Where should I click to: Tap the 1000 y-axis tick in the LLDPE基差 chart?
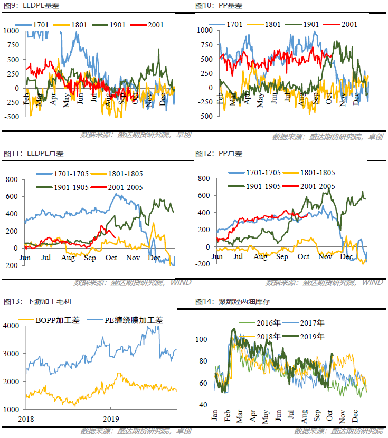point(10,31)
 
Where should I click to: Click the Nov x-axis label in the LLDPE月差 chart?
point(133,258)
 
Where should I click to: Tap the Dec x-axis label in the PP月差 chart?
point(346,256)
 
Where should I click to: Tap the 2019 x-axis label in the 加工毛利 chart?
point(110,419)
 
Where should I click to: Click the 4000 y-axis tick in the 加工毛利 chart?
point(11,326)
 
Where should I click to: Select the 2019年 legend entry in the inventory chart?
point(312,336)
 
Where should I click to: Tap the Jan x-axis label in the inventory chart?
point(215,415)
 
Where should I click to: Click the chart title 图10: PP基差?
point(219,5)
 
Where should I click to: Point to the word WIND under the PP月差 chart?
point(373,282)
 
